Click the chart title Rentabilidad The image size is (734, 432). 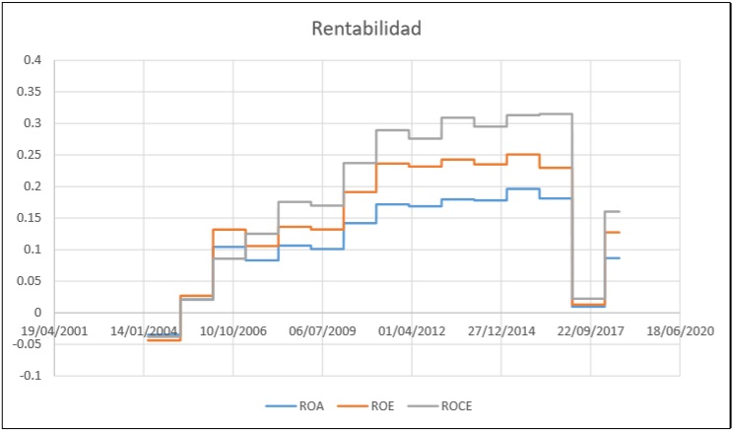tap(367, 29)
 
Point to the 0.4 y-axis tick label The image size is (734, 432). tap(33, 60)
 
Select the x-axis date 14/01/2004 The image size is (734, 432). tap(144, 331)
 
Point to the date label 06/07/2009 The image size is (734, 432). tap(322, 331)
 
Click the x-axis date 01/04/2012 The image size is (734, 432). tap(412, 331)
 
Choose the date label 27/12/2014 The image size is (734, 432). tap(501, 331)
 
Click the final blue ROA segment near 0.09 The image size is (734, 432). tap(612, 257)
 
